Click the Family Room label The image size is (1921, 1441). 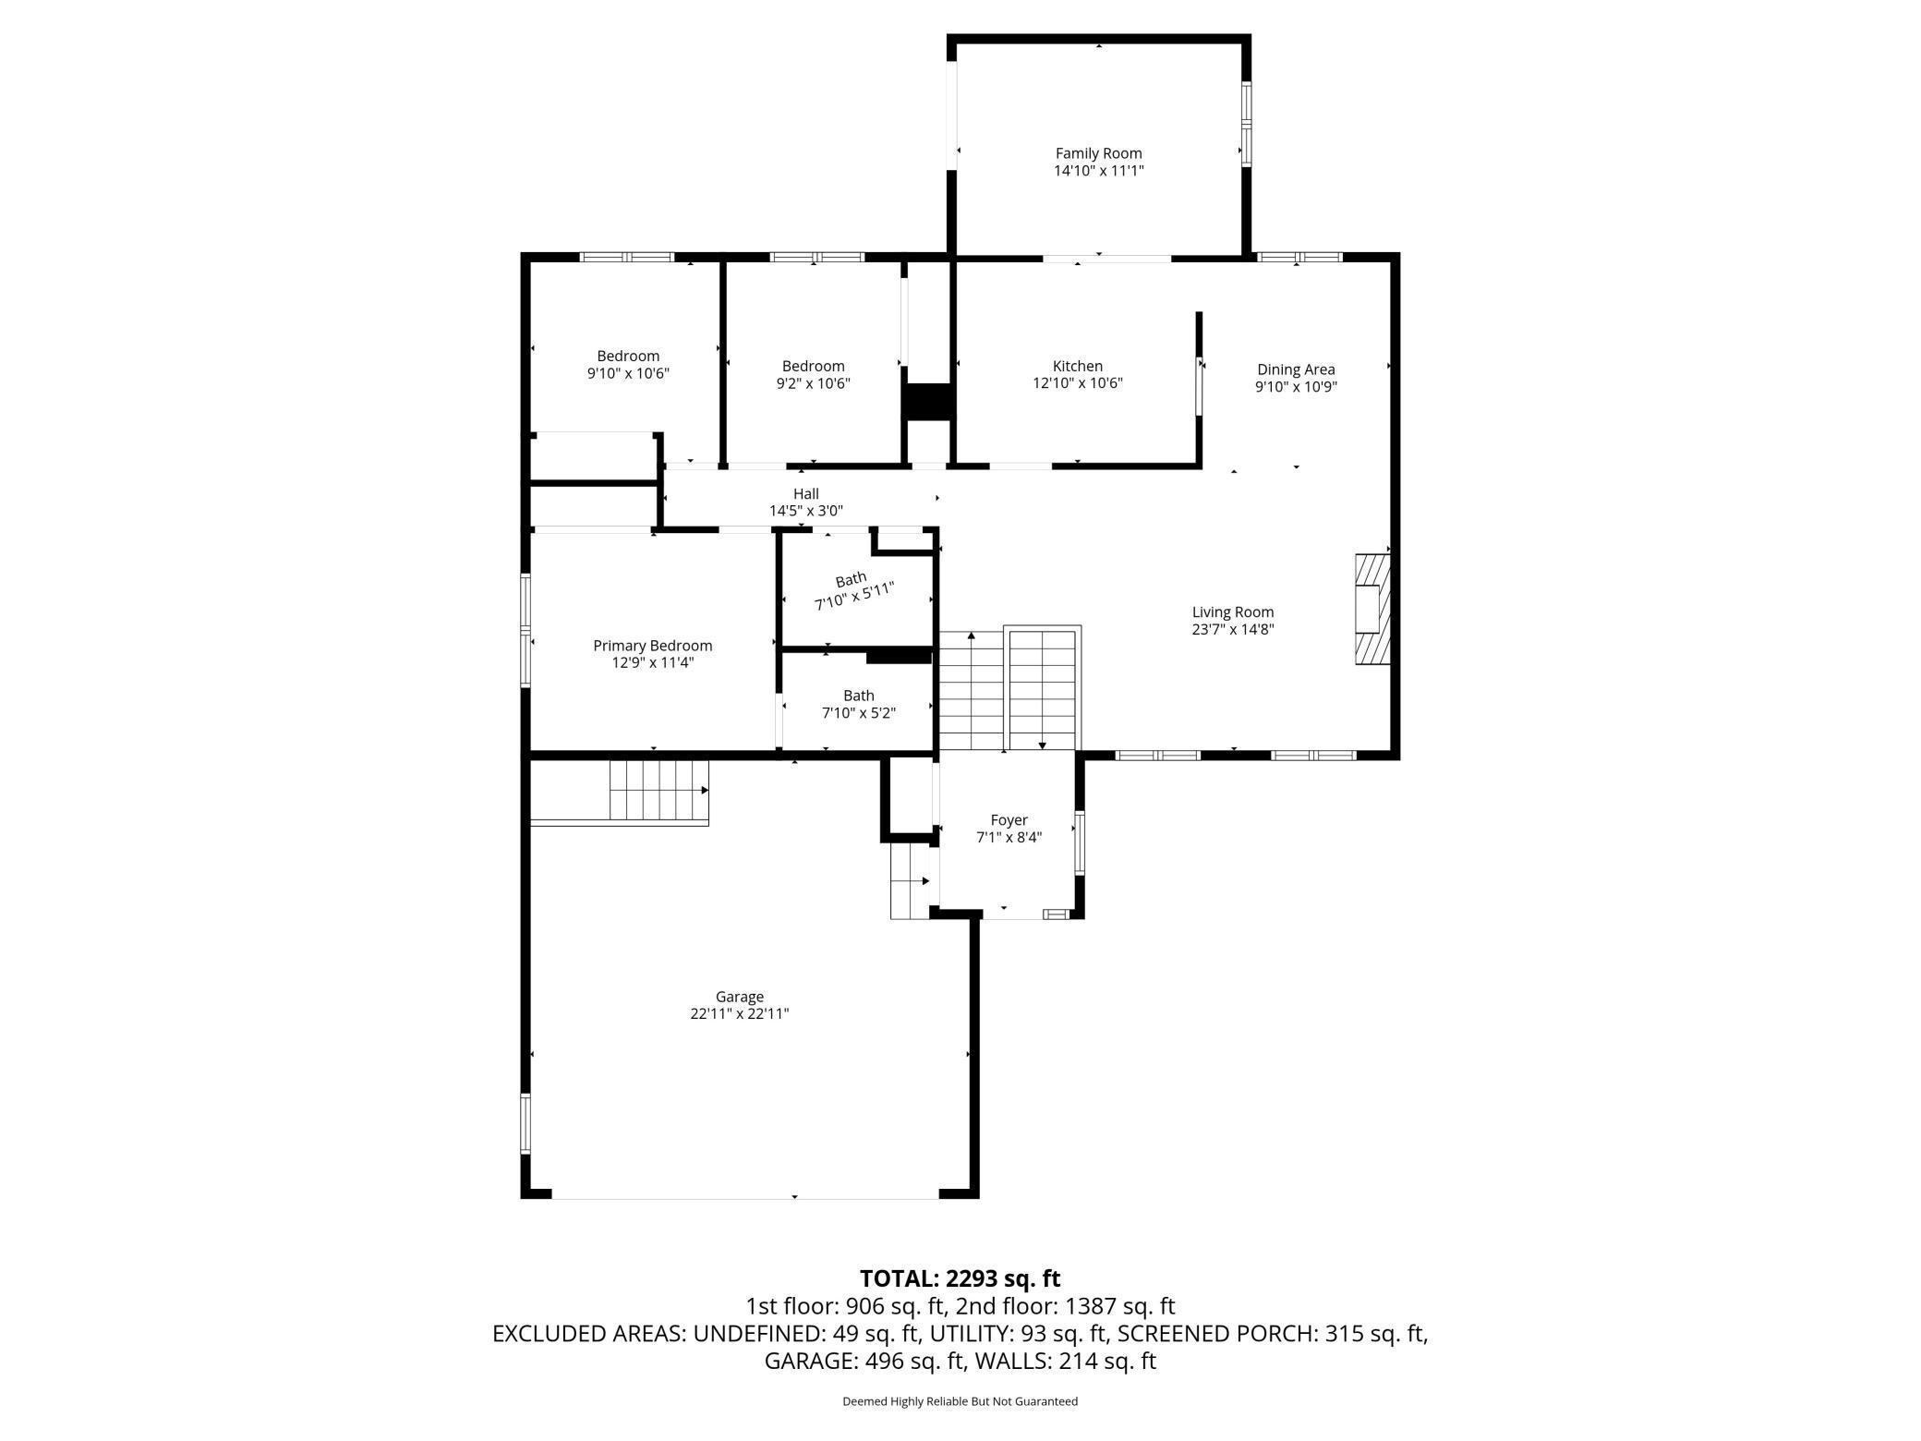(1098, 153)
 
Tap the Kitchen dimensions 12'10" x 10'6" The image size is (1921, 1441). (1077, 383)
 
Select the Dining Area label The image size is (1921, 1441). (1296, 369)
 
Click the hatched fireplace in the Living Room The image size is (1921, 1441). (1371, 609)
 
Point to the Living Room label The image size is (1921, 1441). (1232, 612)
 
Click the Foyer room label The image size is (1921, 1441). (1009, 820)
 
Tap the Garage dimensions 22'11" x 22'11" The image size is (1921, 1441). (739, 1013)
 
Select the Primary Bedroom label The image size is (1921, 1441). (652, 646)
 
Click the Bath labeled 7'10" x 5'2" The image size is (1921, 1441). (858, 704)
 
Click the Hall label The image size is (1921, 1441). (805, 494)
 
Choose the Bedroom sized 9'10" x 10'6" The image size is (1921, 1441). (628, 364)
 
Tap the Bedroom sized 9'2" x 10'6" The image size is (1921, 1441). (813, 374)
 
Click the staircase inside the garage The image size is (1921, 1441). (658, 790)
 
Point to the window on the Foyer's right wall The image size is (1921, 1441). (1080, 842)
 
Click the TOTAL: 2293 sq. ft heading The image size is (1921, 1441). (960, 1278)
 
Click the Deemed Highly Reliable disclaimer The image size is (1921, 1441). (960, 1401)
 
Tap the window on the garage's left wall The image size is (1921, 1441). (526, 1123)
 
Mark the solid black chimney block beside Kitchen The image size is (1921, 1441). (927, 402)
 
